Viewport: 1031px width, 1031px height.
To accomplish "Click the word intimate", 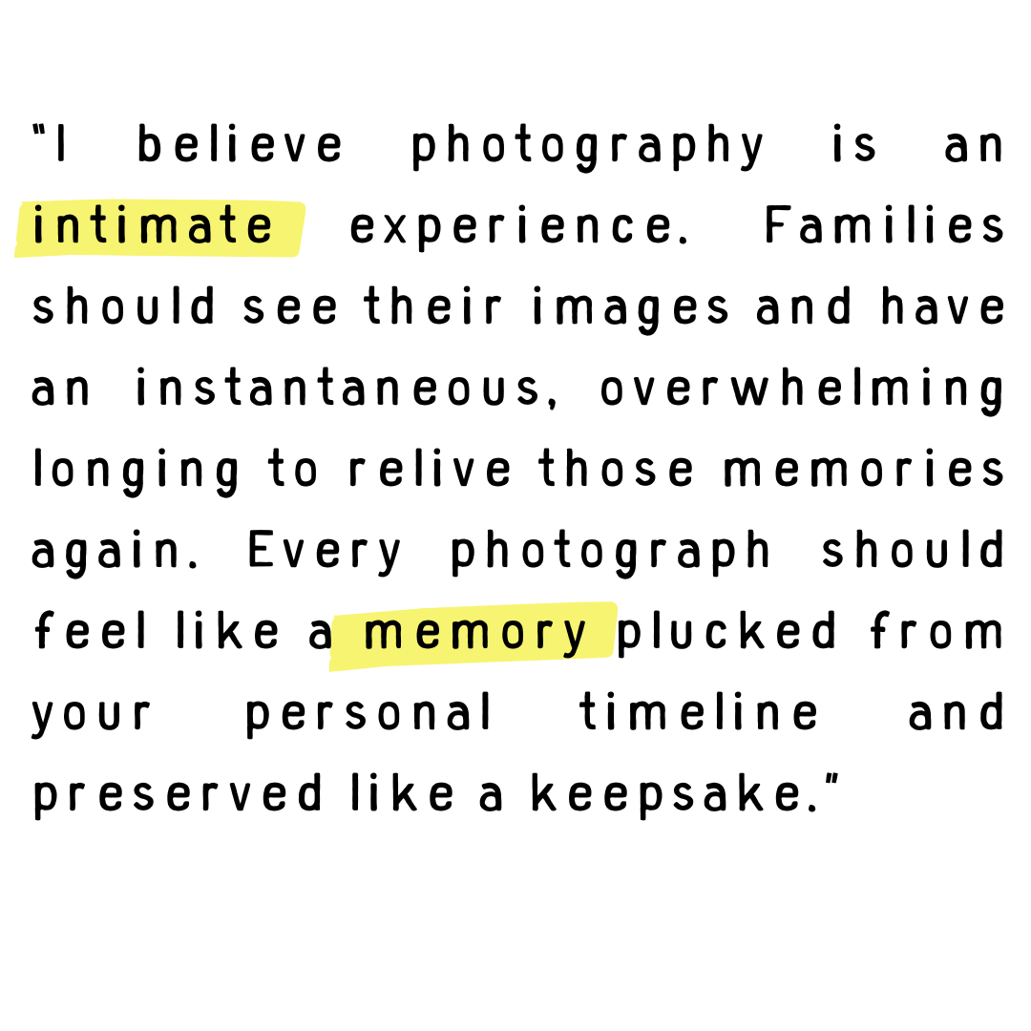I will tap(153, 227).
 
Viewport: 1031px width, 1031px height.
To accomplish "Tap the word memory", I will tap(474, 634).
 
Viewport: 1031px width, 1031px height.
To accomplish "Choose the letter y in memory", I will tap(575, 636).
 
